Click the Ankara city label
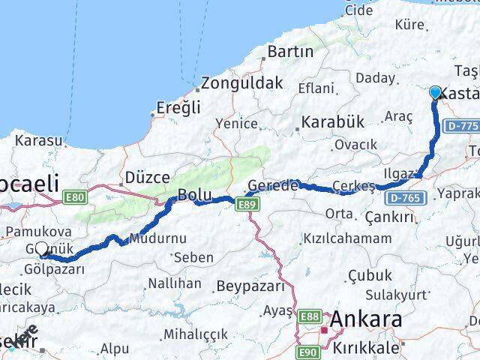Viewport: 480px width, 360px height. (365, 319)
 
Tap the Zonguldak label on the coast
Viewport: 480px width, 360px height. (240, 83)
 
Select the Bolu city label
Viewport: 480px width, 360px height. (193, 196)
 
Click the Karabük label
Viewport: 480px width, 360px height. (332, 121)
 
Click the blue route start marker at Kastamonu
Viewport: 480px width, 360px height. (436, 92)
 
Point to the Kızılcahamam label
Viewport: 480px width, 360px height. (346, 238)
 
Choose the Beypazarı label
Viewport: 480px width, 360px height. (250, 286)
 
